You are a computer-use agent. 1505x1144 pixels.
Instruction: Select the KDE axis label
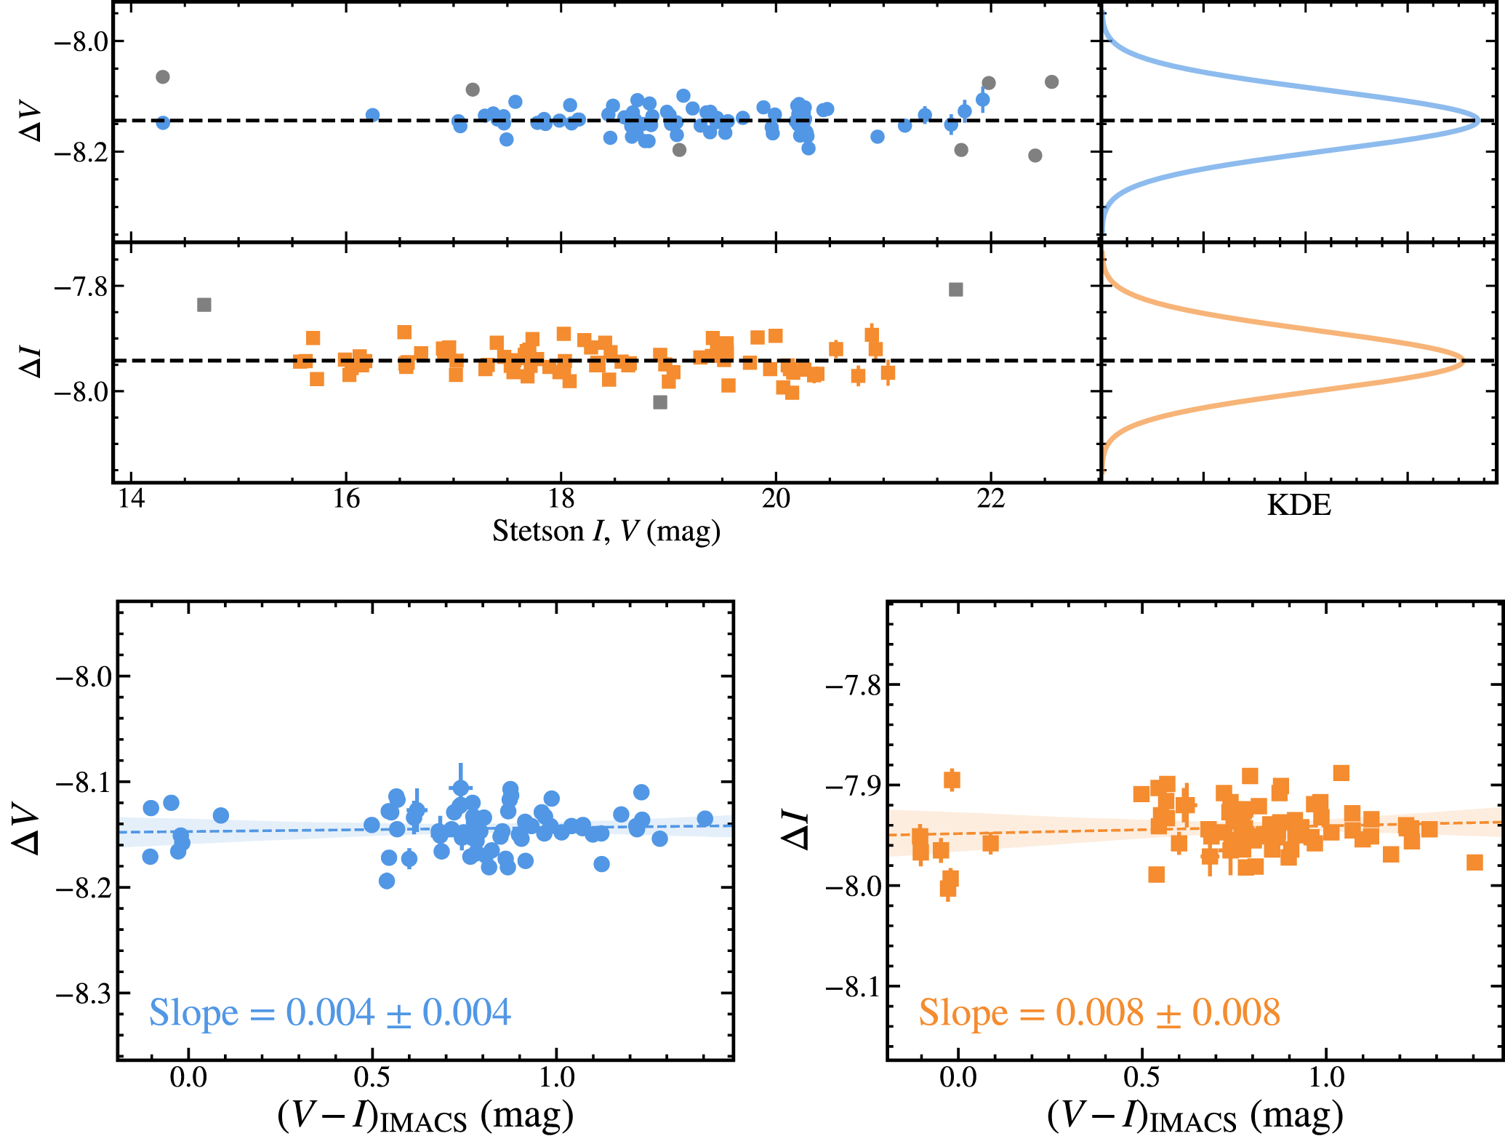1299,505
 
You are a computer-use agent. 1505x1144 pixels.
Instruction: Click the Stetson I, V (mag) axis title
606,531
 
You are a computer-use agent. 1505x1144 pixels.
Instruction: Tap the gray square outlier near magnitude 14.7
204,305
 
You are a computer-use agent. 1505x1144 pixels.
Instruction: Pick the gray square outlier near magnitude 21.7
956,289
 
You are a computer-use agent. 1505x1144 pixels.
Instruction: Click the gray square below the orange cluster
660,402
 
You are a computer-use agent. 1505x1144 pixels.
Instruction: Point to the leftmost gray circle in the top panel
163,77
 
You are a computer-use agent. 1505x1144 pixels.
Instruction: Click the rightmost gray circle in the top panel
1051,82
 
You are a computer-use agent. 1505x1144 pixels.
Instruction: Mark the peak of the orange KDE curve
1461,361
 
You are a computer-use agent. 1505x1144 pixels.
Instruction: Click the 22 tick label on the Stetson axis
990,499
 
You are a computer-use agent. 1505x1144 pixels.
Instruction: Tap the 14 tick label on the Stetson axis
131,499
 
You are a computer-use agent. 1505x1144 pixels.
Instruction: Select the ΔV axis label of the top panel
31,124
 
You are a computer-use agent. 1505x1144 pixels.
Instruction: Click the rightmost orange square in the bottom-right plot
1474,863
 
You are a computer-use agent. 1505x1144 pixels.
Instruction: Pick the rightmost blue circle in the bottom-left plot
705,818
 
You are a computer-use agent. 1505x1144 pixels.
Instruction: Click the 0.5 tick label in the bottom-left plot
372,1077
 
